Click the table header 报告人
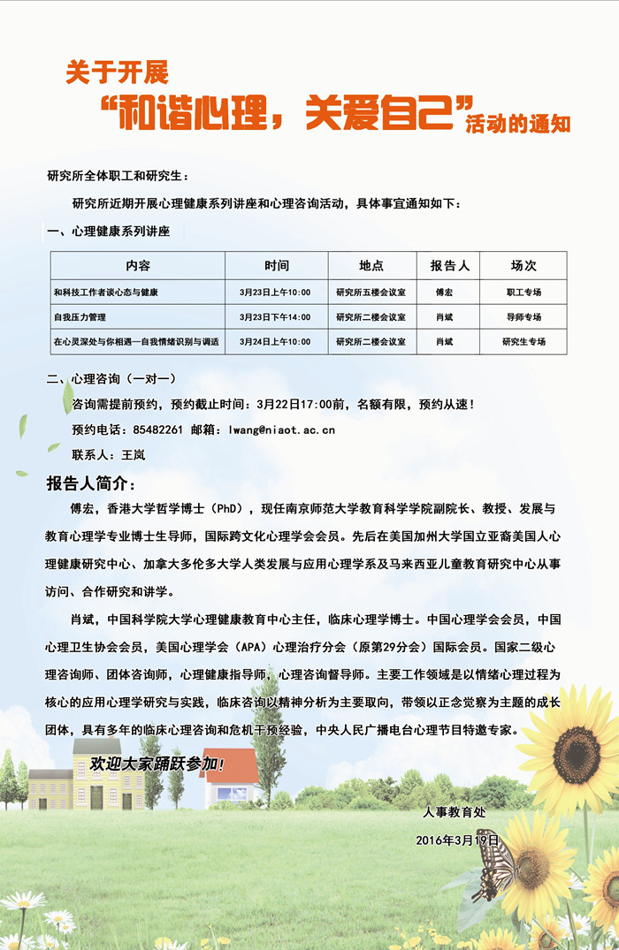(x=449, y=265)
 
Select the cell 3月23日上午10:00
(x=275, y=292)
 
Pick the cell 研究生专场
(x=523, y=341)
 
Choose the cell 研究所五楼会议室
(x=371, y=292)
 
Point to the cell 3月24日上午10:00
(x=275, y=341)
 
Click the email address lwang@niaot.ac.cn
(x=282, y=429)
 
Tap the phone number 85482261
(x=157, y=429)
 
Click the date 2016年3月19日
(x=457, y=840)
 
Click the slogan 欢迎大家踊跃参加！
(x=157, y=763)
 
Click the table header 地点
(x=371, y=265)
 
